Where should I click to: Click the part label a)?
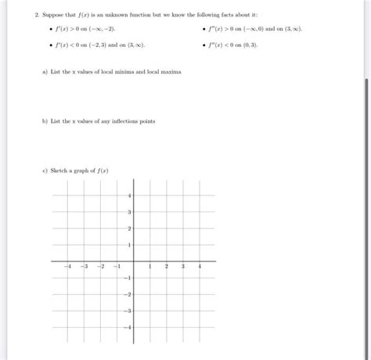point(45,71)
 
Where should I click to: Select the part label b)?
point(45,121)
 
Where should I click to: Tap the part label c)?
point(45,169)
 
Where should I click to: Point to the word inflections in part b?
point(123,121)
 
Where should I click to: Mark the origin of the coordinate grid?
point(133,261)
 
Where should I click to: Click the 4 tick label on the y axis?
point(129,195)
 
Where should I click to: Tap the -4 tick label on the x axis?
point(68,267)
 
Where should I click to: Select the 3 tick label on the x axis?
point(183,267)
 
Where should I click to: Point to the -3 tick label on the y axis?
point(128,311)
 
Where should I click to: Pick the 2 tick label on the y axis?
point(129,228)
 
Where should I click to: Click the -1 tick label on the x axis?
point(117,267)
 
